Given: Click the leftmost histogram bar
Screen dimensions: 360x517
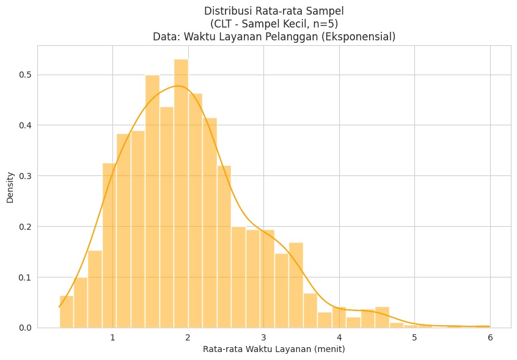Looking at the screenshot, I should (x=66, y=312).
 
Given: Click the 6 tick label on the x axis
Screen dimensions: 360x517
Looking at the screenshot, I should (x=490, y=338).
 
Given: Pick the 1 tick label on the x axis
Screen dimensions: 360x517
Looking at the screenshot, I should (x=112, y=338).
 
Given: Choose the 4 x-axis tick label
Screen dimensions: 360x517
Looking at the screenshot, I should (x=339, y=338).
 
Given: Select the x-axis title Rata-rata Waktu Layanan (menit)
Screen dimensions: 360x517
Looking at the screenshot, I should (x=274, y=350).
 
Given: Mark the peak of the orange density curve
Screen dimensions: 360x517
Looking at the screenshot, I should (x=178, y=86).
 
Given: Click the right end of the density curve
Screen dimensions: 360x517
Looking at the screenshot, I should (x=490, y=326).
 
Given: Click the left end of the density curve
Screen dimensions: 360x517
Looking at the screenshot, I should (x=59, y=306).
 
